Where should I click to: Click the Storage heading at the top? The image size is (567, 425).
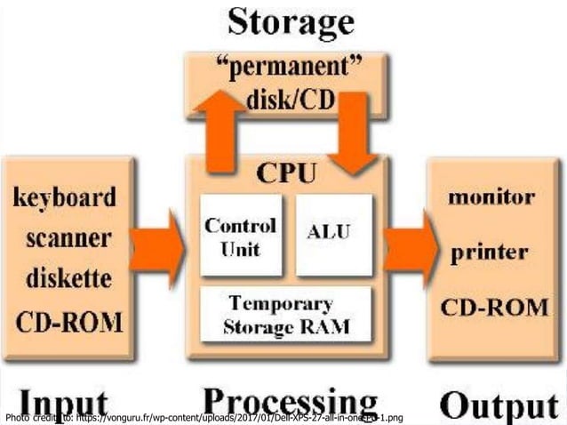pos(283,21)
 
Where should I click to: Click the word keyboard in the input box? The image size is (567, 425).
pos(64,197)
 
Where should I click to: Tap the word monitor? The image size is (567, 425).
pos(491,196)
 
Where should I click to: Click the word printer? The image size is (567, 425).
pos(490,252)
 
